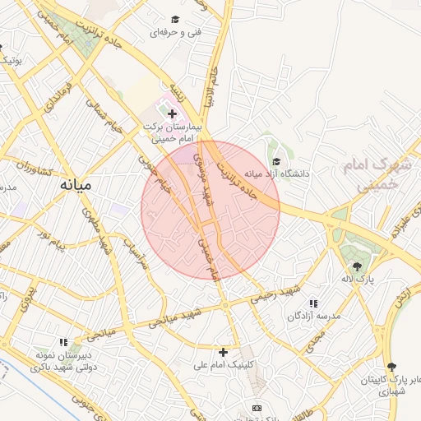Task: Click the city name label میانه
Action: pos(76,186)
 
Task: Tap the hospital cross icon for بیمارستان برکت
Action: pos(172,114)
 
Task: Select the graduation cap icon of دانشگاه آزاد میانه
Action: pos(276,161)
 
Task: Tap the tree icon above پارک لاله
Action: pos(357,266)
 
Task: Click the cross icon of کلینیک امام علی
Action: pos(223,351)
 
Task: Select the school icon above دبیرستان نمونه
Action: pos(63,342)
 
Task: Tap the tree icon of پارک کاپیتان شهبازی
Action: pos(390,367)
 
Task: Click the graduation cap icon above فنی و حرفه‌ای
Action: pos(174,19)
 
